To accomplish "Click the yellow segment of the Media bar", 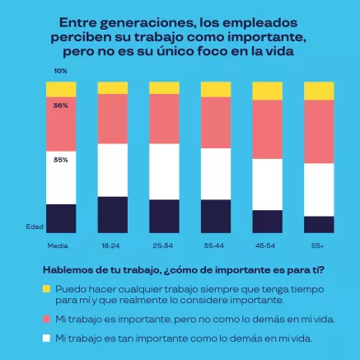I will coord(61,88).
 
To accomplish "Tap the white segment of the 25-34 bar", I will coord(164,171).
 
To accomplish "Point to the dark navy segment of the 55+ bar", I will coord(319,225).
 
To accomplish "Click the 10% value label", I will coord(61,72).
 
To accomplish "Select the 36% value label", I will coord(61,105).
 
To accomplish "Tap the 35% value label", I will coord(61,160).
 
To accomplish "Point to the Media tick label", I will coord(58,245).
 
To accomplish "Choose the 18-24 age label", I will coord(111,245).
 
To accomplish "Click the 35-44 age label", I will coord(215,245).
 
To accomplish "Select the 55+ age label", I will coord(318,245).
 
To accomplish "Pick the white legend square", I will coord(47,338).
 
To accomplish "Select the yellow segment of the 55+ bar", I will coord(319,91).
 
